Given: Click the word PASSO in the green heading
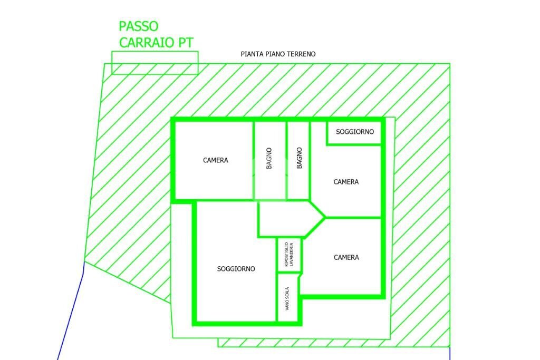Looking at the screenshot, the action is [x=139, y=26].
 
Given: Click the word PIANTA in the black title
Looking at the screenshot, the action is [x=252, y=54].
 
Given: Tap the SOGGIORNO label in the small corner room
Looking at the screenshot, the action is [x=355, y=132].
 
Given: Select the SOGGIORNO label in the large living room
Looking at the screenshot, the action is [x=236, y=269].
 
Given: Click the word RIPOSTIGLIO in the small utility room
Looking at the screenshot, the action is [x=286, y=255].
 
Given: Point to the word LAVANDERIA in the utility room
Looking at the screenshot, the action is [x=292, y=255].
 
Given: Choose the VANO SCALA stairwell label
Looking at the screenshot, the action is [x=287, y=299].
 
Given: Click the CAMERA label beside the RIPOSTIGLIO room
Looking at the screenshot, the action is [x=346, y=257].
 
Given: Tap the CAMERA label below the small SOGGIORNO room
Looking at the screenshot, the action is [x=346, y=182].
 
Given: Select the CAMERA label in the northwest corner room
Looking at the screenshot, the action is [x=216, y=160].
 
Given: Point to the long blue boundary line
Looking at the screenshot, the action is [x=71, y=310].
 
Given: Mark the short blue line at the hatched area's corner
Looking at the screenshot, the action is [x=450, y=353].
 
